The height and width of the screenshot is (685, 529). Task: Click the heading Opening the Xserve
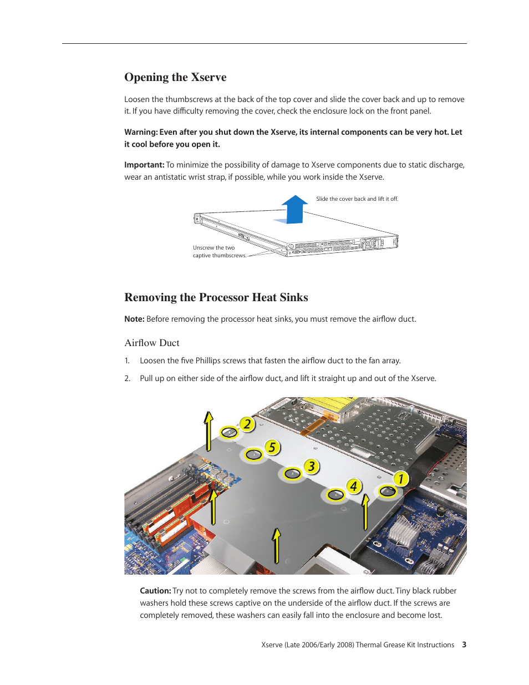coord(175,77)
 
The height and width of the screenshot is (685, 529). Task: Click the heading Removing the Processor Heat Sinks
coord(216,297)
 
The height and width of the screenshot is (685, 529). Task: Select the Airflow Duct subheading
coord(152,343)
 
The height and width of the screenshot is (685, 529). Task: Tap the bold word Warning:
coord(141,132)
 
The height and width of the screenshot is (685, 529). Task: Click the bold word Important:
coord(144,165)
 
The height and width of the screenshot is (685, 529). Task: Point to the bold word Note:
coord(134,319)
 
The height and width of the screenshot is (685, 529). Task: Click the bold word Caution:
coord(155,591)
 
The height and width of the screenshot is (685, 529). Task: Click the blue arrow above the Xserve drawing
coord(294,209)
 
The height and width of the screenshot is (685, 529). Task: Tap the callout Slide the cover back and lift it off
coord(357,199)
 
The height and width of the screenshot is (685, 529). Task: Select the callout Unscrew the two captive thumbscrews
coord(219,252)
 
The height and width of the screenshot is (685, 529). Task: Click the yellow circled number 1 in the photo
coord(400,479)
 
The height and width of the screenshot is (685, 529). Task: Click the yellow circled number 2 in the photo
coord(247,425)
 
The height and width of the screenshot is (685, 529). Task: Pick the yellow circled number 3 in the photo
coord(312,466)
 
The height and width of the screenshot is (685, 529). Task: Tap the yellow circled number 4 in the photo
coord(353,486)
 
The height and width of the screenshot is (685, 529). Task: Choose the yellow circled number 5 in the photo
coord(272,447)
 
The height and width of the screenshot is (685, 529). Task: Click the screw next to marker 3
coord(292,474)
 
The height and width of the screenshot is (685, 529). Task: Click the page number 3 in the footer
coord(464,645)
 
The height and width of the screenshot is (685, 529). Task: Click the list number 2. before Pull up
coord(128,378)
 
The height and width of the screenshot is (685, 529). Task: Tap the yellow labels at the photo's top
coord(327,407)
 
